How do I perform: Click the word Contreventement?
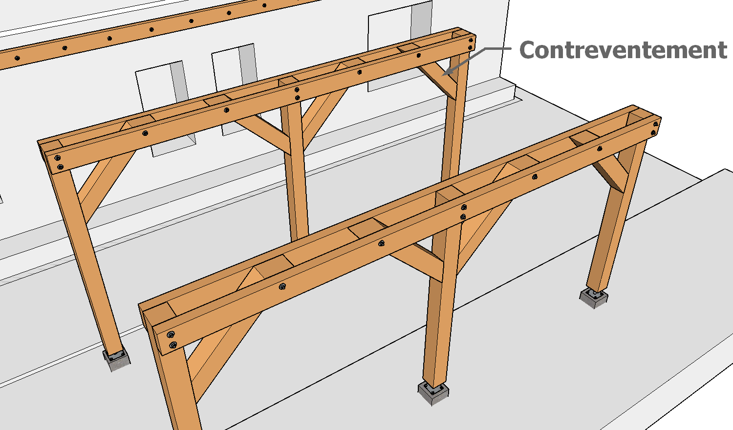(x=623, y=50)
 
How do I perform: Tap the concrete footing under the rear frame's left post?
(x=116, y=360)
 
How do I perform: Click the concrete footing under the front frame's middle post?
(x=433, y=393)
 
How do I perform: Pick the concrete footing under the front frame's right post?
(x=594, y=298)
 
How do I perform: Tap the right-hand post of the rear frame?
(x=455, y=114)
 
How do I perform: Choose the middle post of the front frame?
(x=442, y=304)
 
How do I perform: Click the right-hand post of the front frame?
(x=615, y=216)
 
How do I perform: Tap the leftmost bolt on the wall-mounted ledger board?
(x=17, y=58)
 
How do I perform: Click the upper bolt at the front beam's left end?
(x=170, y=335)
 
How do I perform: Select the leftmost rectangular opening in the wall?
(x=165, y=108)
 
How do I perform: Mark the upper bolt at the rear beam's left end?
(x=58, y=158)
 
